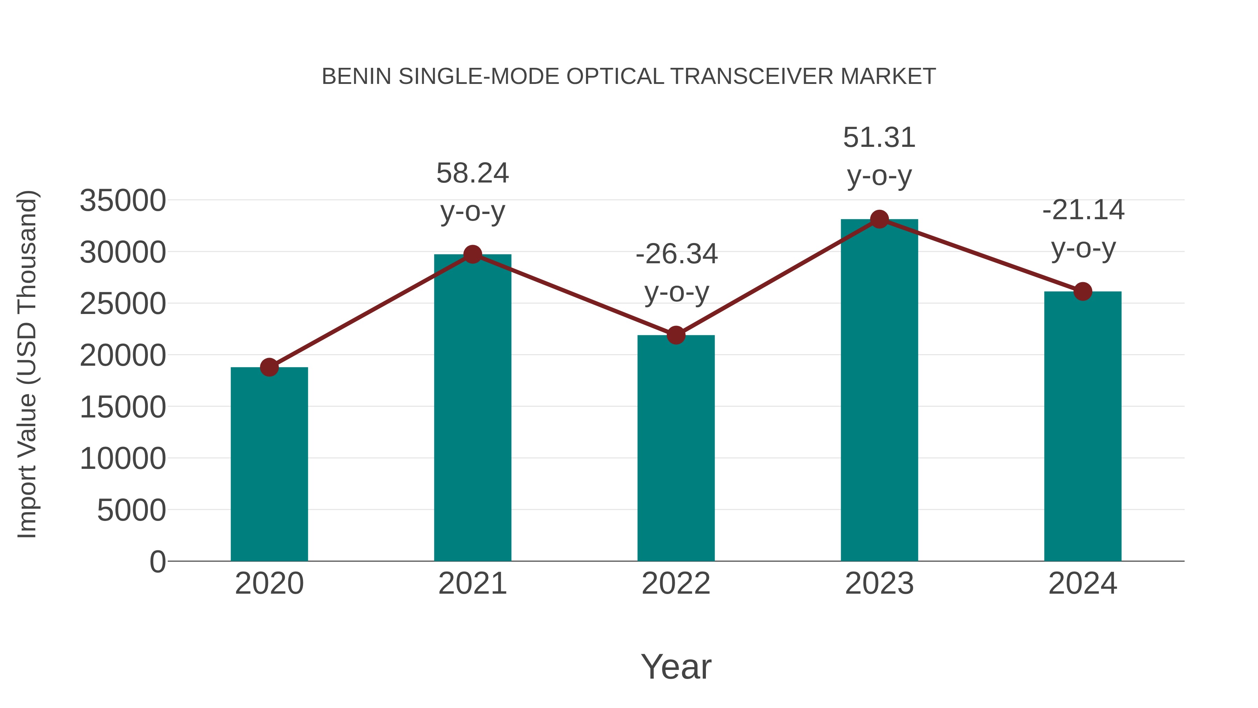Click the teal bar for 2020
269,464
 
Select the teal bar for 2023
879,391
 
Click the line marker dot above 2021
472,254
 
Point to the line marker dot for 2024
1083,292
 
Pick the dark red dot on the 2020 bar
269,367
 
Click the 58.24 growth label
472,173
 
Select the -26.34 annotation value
677,254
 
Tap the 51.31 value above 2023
879,138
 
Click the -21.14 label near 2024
1083,210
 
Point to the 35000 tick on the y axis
123,200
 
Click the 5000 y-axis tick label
131,510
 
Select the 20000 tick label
123,355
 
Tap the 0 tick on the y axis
157,562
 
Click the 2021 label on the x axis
472,584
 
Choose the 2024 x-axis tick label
1083,584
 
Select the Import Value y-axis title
27,364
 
